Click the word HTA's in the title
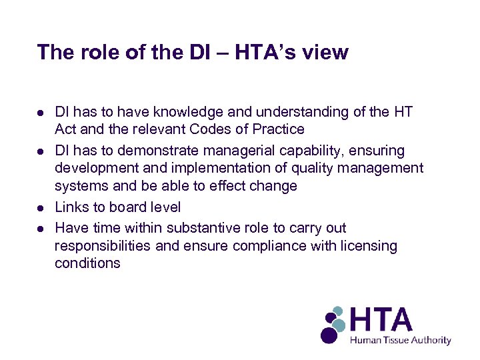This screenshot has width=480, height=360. (x=255, y=52)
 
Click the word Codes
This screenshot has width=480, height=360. (x=210, y=129)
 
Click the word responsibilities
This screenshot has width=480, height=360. (x=103, y=246)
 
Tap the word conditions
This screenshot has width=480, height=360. (x=87, y=263)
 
